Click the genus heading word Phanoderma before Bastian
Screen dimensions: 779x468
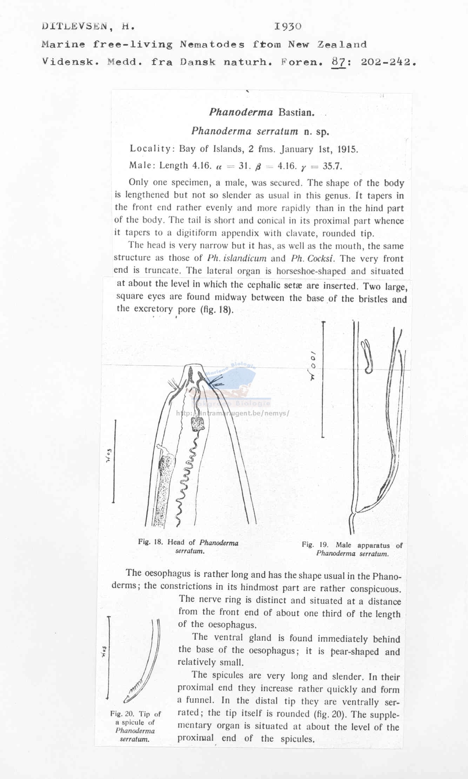tap(241, 112)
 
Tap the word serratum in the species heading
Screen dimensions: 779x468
tap(278, 131)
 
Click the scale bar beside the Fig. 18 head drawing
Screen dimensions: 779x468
tap(114, 461)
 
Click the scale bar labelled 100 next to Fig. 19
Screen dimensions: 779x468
tap(322, 379)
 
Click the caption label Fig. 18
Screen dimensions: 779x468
tap(151, 542)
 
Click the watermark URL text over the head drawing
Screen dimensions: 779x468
tap(233, 413)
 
